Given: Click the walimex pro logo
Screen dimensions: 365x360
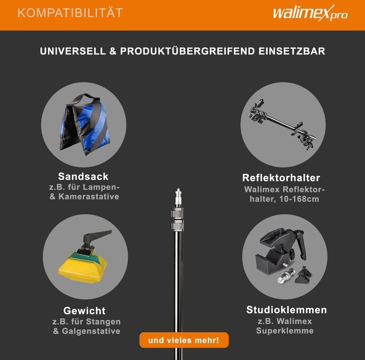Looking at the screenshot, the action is (x=310, y=13).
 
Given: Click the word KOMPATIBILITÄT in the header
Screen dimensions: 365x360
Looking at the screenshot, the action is (x=70, y=13).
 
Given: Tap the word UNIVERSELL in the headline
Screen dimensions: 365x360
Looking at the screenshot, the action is (x=73, y=51).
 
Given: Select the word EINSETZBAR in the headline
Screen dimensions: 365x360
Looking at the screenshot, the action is (x=292, y=51).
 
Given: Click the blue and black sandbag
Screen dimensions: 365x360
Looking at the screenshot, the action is (x=84, y=124).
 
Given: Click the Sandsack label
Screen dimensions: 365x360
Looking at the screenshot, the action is (x=83, y=176).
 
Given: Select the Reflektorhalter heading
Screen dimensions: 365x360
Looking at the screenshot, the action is (x=281, y=178).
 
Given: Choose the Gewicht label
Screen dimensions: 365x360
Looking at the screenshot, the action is (x=84, y=311).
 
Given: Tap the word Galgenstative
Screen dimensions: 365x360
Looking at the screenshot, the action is (x=91, y=331).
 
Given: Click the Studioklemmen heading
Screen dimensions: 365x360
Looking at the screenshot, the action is (x=287, y=310).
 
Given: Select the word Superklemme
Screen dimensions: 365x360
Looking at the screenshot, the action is (x=285, y=331).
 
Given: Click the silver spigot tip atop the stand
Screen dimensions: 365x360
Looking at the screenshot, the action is (x=178, y=197).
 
